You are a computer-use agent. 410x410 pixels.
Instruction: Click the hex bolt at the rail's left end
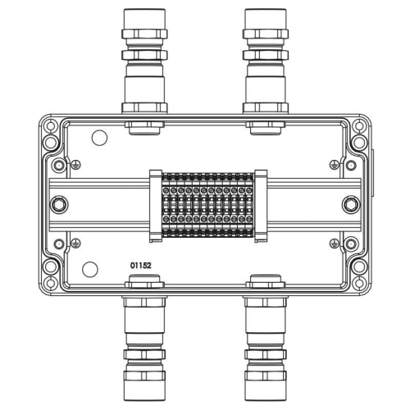point(57,204)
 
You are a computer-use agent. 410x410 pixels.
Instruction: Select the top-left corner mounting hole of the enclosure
point(51,128)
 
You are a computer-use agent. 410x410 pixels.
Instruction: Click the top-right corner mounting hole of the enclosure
point(358,128)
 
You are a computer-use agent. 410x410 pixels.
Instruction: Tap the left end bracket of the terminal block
point(155,205)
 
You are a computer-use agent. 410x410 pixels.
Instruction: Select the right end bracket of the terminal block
point(261,205)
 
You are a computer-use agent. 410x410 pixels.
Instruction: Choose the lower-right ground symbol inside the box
point(334,242)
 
